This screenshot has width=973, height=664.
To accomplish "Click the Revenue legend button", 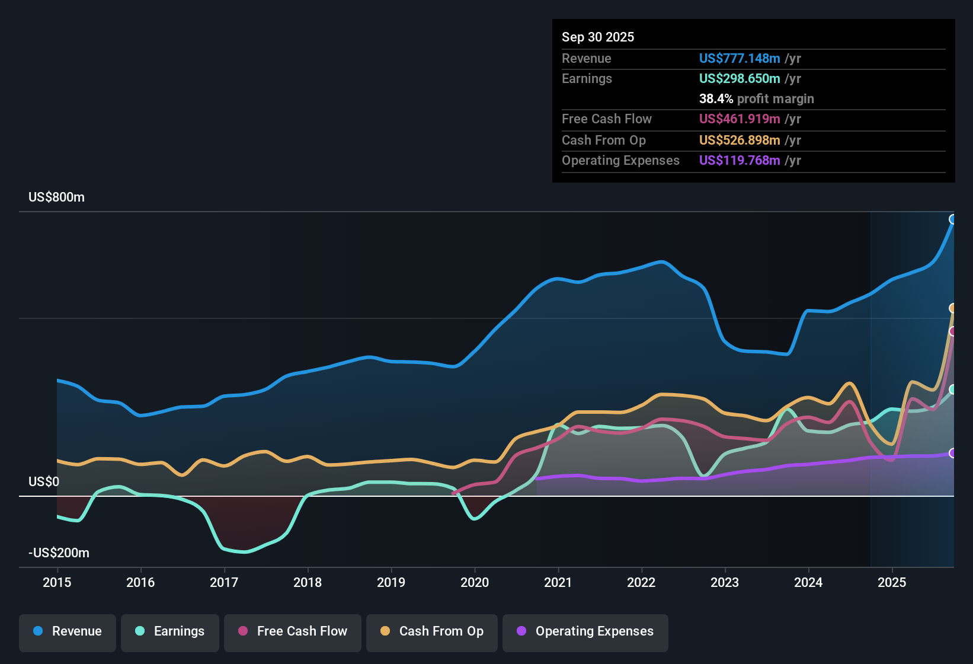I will tap(68, 631).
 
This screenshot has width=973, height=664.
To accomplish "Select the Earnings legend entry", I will tap(170, 631).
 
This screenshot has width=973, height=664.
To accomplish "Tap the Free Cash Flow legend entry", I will tap(293, 631).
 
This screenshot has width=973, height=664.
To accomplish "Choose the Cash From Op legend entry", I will tap(432, 631).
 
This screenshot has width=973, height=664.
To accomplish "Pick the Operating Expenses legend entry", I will tap(585, 631).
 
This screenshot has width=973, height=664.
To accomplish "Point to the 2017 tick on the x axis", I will tap(224, 582).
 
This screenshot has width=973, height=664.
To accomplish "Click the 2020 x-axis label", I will tap(475, 582).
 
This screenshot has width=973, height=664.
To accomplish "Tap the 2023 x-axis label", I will tap(725, 582).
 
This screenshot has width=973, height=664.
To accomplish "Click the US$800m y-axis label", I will tap(56, 197).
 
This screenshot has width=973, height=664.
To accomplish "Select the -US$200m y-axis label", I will tap(59, 553).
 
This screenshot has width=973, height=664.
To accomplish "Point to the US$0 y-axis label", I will tap(44, 481).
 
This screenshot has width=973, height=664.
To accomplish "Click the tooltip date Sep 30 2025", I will tap(598, 37).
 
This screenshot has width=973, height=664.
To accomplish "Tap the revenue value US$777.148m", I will tap(739, 58).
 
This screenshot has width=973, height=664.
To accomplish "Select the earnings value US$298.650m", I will tap(739, 78).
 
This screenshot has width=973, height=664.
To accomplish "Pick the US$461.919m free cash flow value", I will tap(739, 119).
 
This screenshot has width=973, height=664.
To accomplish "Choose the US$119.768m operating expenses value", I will tap(739, 160).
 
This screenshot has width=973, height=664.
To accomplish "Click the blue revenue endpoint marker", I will tap(953, 219).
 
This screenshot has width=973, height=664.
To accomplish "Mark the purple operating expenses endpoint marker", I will tap(953, 453).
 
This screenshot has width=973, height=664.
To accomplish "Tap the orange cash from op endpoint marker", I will tap(953, 308).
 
